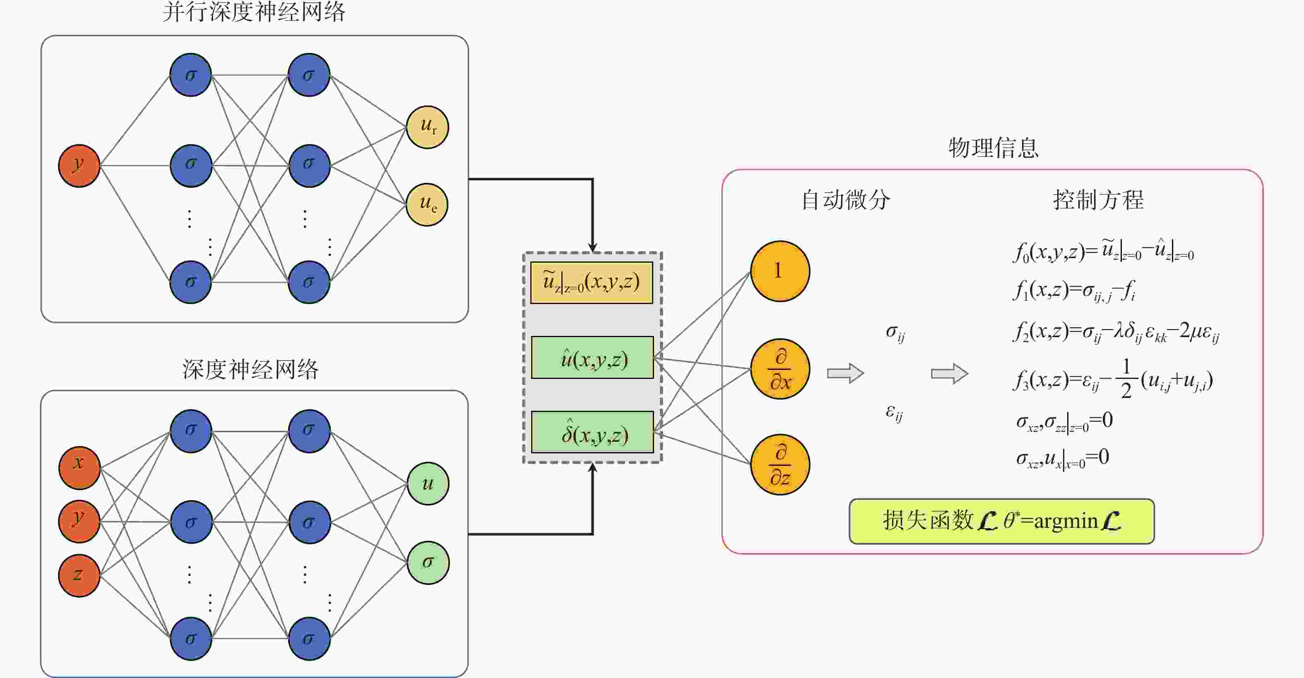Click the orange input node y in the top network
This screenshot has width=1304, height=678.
click(x=79, y=166)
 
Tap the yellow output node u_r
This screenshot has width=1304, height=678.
click(x=428, y=127)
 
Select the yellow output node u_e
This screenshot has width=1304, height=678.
click(x=427, y=204)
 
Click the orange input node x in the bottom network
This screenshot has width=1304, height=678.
click(x=79, y=467)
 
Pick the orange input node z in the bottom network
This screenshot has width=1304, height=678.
click(x=79, y=576)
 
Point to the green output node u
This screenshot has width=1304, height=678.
click(x=428, y=484)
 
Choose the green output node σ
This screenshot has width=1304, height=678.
click(x=428, y=563)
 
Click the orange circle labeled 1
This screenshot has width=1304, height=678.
click(x=780, y=271)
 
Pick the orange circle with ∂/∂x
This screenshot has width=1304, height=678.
click(x=780, y=369)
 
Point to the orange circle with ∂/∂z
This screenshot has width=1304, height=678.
click(x=780, y=465)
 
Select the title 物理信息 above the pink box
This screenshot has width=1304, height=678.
click(x=993, y=148)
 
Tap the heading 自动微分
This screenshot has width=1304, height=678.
click(x=845, y=200)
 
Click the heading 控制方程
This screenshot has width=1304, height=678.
click(x=1098, y=200)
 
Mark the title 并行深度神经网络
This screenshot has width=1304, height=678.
click(x=254, y=12)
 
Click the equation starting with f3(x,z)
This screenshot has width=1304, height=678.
click(x=1113, y=379)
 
